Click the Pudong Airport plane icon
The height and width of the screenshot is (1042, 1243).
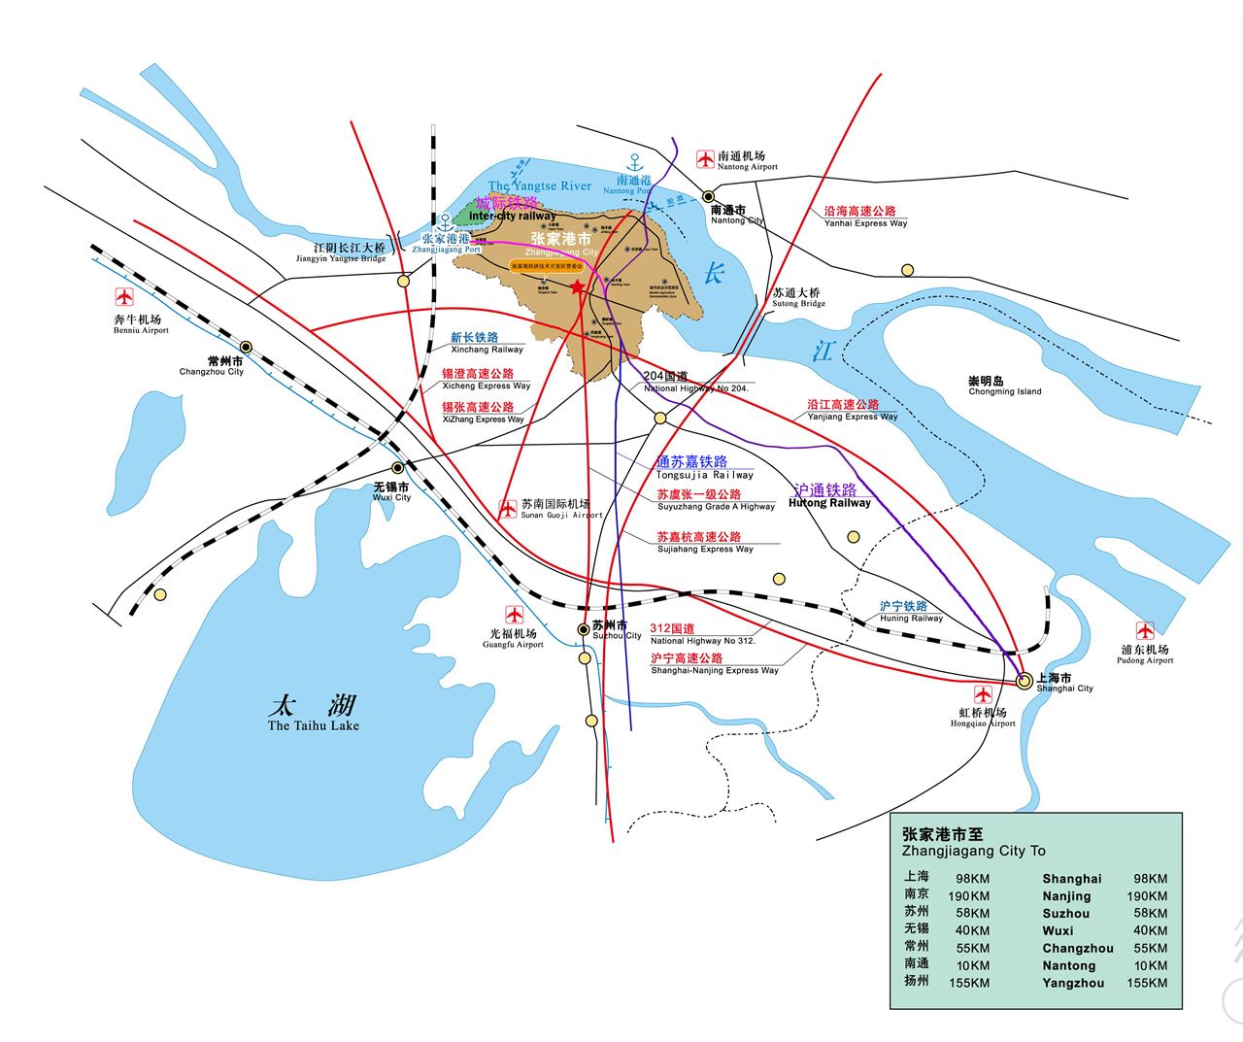coord(1145,631)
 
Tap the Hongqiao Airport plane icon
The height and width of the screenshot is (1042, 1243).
coord(983,695)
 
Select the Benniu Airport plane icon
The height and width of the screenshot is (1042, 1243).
coord(124,298)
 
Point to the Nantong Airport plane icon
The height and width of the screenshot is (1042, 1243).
coord(706,159)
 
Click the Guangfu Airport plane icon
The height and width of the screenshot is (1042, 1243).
coord(514,615)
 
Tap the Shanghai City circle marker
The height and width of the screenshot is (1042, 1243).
coord(1024,682)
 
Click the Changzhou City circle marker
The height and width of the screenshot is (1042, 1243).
coord(247,347)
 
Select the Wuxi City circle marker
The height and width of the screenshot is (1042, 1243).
coord(397,468)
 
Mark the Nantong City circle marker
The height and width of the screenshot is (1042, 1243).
coord(709,195)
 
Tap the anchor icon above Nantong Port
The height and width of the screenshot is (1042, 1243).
coord(635,162)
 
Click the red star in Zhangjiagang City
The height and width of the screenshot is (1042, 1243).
coord(578,287)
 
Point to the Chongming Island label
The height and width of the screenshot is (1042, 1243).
coord(1004,387)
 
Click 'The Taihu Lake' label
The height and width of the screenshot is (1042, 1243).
coord(313,725)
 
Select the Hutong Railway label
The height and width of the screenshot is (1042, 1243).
coord(829,503)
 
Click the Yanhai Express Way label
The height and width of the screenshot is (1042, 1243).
coord(865,223)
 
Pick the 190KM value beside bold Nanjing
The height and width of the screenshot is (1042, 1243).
coord(1147,896)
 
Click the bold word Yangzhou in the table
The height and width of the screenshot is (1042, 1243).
coord(1073,983)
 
